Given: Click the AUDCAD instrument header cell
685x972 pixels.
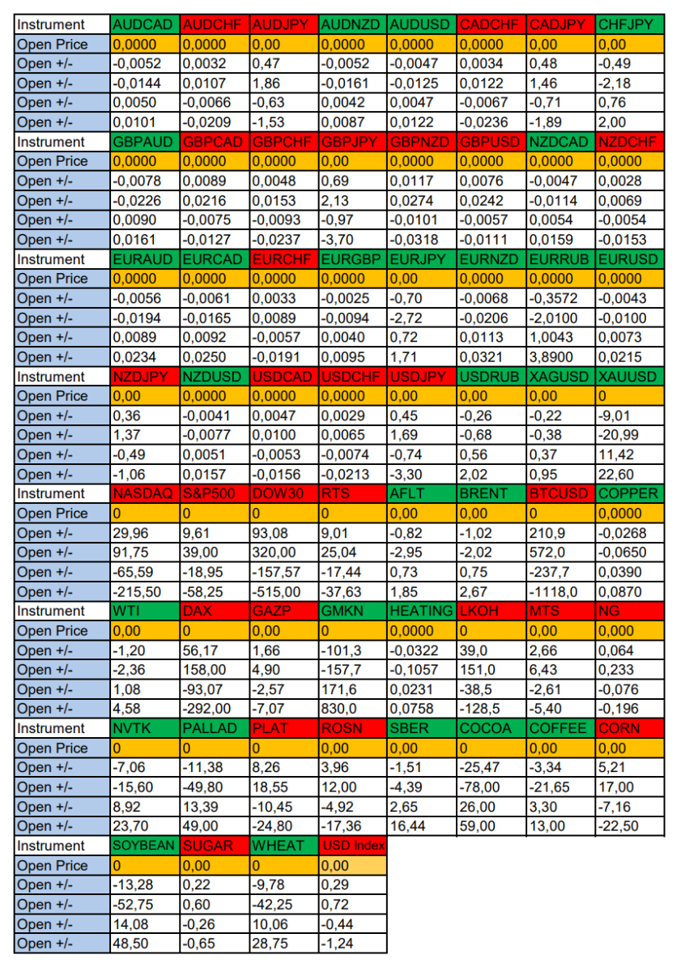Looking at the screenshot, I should tap(144, 25).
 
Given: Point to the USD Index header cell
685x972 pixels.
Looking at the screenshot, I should tap(353, 846).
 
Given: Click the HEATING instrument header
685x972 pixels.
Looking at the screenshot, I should tap(421, 611).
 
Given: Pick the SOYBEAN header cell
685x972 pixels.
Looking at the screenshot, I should tap(144, 846).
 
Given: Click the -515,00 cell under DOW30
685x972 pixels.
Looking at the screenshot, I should tap(283, 592).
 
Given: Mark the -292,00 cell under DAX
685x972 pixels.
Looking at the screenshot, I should tap(214, 709).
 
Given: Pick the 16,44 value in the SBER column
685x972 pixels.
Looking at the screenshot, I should tap(421, 826).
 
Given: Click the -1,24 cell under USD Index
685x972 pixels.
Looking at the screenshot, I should tap(353, 944).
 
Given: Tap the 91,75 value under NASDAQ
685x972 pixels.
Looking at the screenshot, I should tap(144, 552).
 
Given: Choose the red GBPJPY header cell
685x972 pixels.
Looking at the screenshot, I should tap(353, 142).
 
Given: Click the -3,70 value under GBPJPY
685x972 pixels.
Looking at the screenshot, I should tap(353, 240).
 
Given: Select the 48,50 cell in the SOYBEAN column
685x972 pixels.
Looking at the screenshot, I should tap(144, 944).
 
